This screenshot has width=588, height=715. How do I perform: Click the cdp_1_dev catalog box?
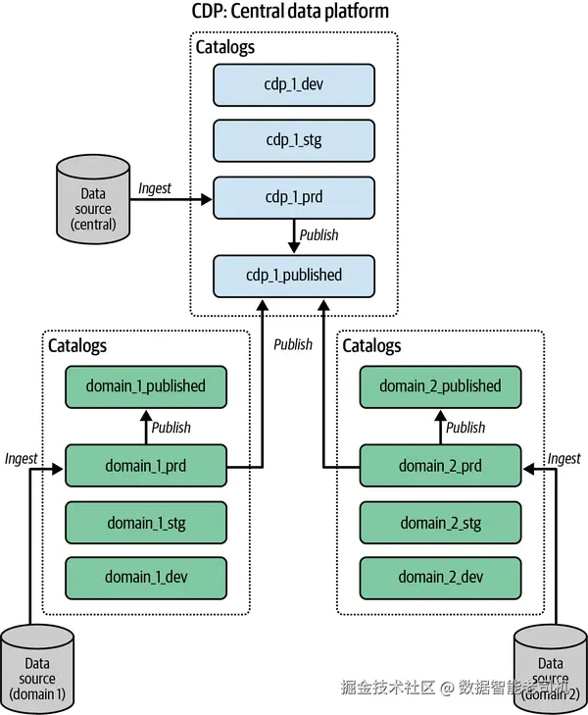(294, 85)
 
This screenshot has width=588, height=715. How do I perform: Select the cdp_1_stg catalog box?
(294, 140)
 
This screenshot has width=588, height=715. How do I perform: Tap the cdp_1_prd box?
(294, 196)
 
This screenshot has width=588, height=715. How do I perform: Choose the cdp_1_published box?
(294, 275)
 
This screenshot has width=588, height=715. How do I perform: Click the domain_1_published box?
(146, 386)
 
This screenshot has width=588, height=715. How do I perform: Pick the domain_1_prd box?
(146, 466)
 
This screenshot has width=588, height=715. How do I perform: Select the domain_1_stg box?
(146, 523)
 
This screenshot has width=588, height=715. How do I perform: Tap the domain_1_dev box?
(146, 578)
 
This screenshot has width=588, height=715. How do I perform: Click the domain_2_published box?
(440, 386)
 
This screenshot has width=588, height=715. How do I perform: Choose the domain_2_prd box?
(440, 466)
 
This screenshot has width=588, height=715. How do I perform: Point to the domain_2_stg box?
(440, 523)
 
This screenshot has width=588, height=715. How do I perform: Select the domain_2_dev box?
(440, 578)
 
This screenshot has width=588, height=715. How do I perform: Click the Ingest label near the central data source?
(155, 187)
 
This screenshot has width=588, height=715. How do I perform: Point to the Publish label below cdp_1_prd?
(318, 235)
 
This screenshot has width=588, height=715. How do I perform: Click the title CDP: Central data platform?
(290, 12)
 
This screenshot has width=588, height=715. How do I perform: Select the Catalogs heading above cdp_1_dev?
(225, 47)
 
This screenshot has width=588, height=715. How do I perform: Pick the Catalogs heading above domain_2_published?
(372, 346)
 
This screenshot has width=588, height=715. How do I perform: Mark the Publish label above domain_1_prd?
(171, 427)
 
